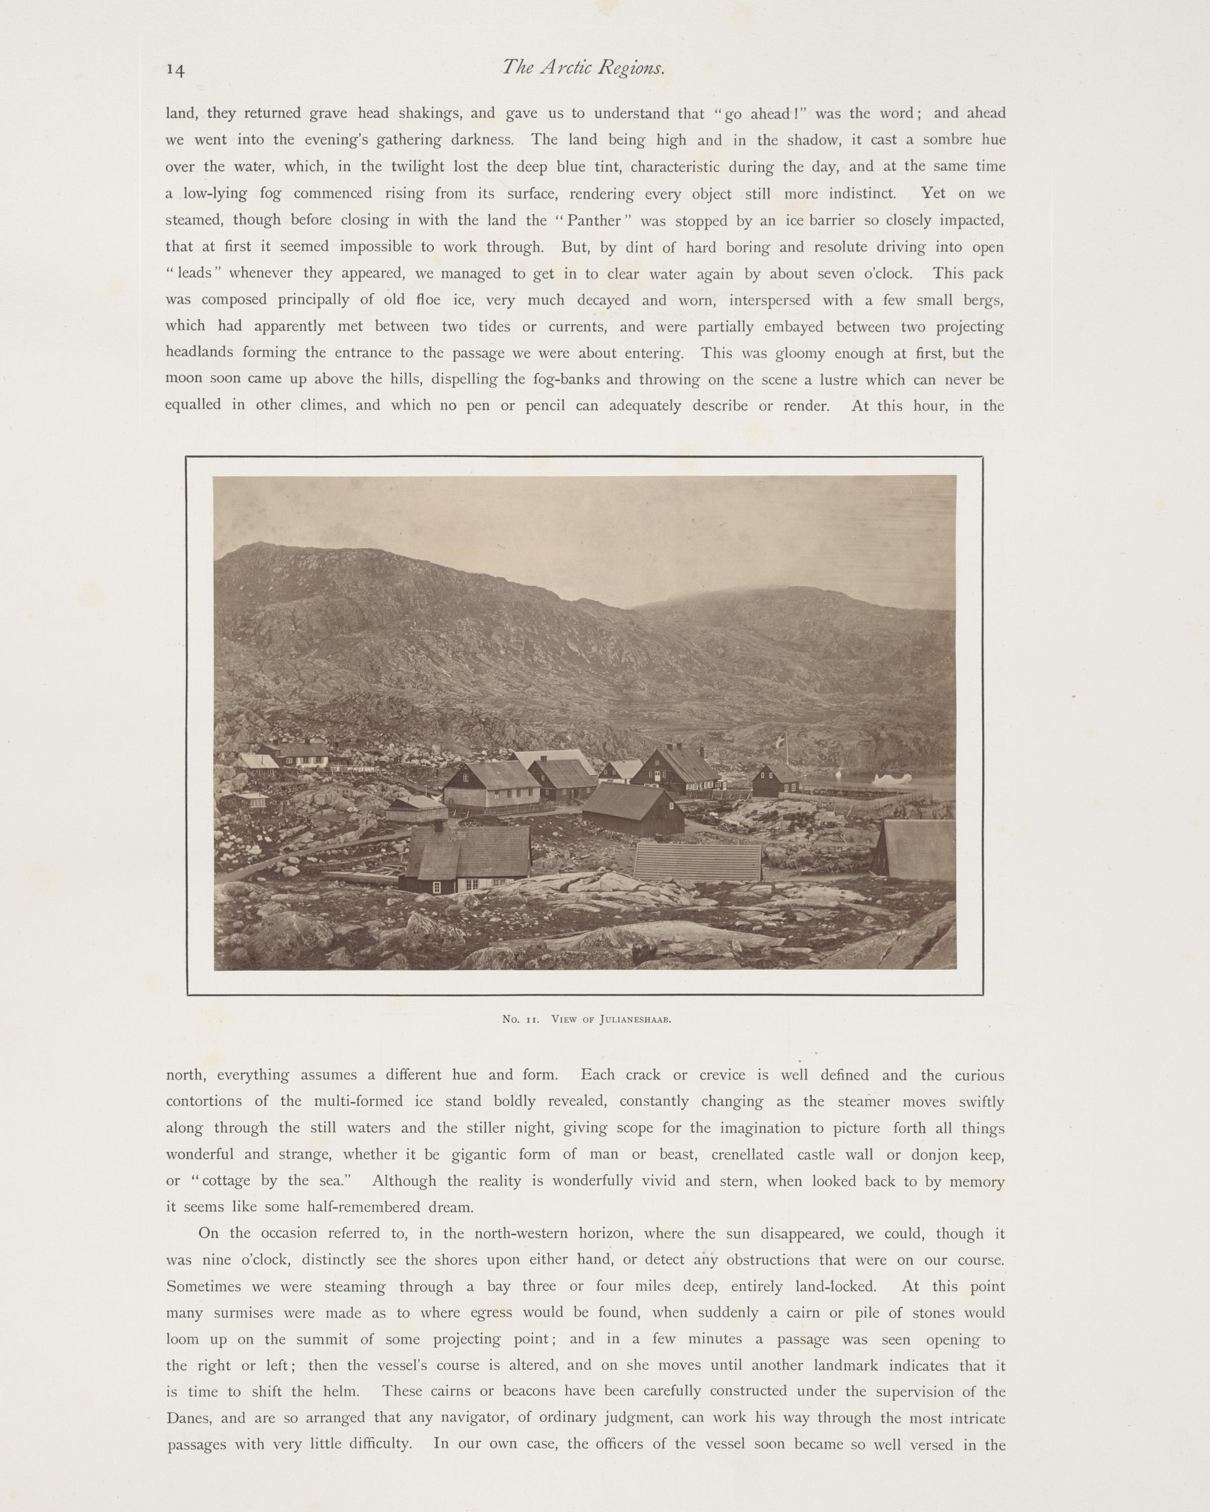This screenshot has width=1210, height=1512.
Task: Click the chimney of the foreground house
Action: point(439,826)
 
